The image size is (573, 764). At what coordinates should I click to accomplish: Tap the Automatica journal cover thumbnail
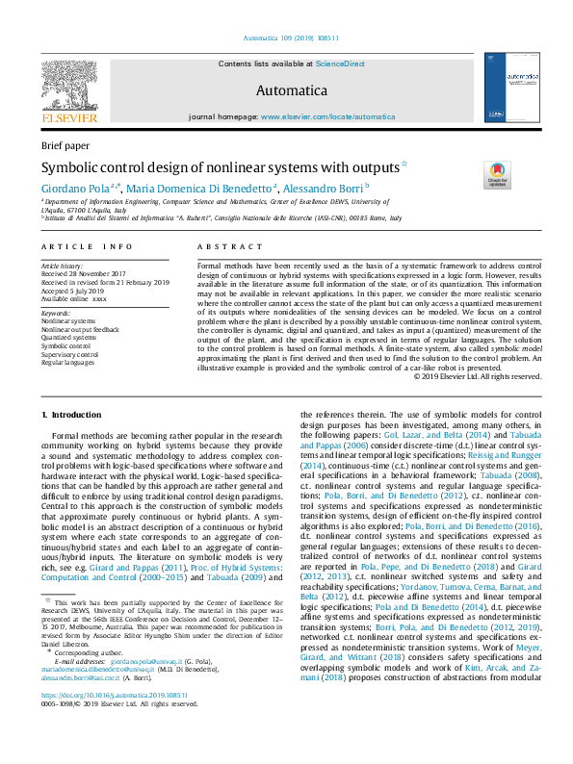click(507, 87)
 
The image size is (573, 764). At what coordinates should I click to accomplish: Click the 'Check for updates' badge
click(497, 174)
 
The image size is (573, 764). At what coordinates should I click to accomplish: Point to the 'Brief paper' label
click(63, 145)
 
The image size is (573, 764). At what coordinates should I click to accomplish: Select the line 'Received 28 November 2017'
click(85, 272)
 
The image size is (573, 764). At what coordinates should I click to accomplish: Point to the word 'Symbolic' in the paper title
click(73, 166)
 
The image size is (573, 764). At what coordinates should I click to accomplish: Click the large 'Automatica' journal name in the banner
click(286, 89)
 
